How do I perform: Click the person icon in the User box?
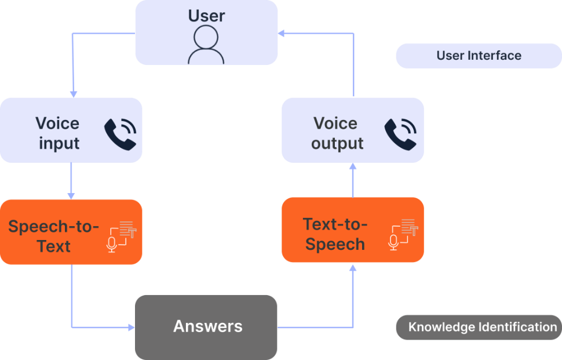click(206, 45)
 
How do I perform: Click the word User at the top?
click(206, 16)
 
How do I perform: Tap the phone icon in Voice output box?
click(400, 134)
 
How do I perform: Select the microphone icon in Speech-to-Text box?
click(112, 245)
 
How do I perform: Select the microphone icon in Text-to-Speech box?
click(393, 242)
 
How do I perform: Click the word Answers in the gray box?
click(207, 326)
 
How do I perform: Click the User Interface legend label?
click(479, 56)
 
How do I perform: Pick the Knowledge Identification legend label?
click(482, 327)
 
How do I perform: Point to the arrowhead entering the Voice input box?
click(72, 93)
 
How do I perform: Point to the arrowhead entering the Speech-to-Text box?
click(71, 196)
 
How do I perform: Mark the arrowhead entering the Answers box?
click(131, 328)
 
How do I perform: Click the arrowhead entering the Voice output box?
click(353, 167)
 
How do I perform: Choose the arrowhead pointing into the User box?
click(282, 34)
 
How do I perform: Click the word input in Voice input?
click(59, 143)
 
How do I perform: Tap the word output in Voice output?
click(337, 143)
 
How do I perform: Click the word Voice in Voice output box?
click(335, 123)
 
